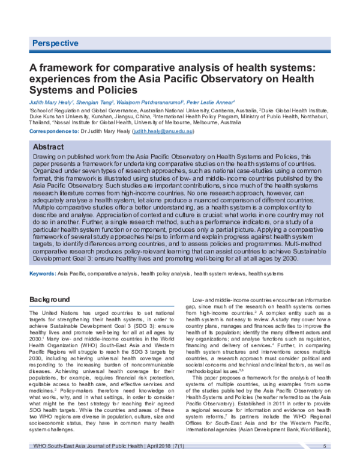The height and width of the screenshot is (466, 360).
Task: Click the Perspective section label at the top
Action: (55, 43)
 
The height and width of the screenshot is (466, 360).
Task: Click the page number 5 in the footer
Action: (325, 446)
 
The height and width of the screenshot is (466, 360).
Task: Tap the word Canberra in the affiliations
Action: (211, 111)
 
